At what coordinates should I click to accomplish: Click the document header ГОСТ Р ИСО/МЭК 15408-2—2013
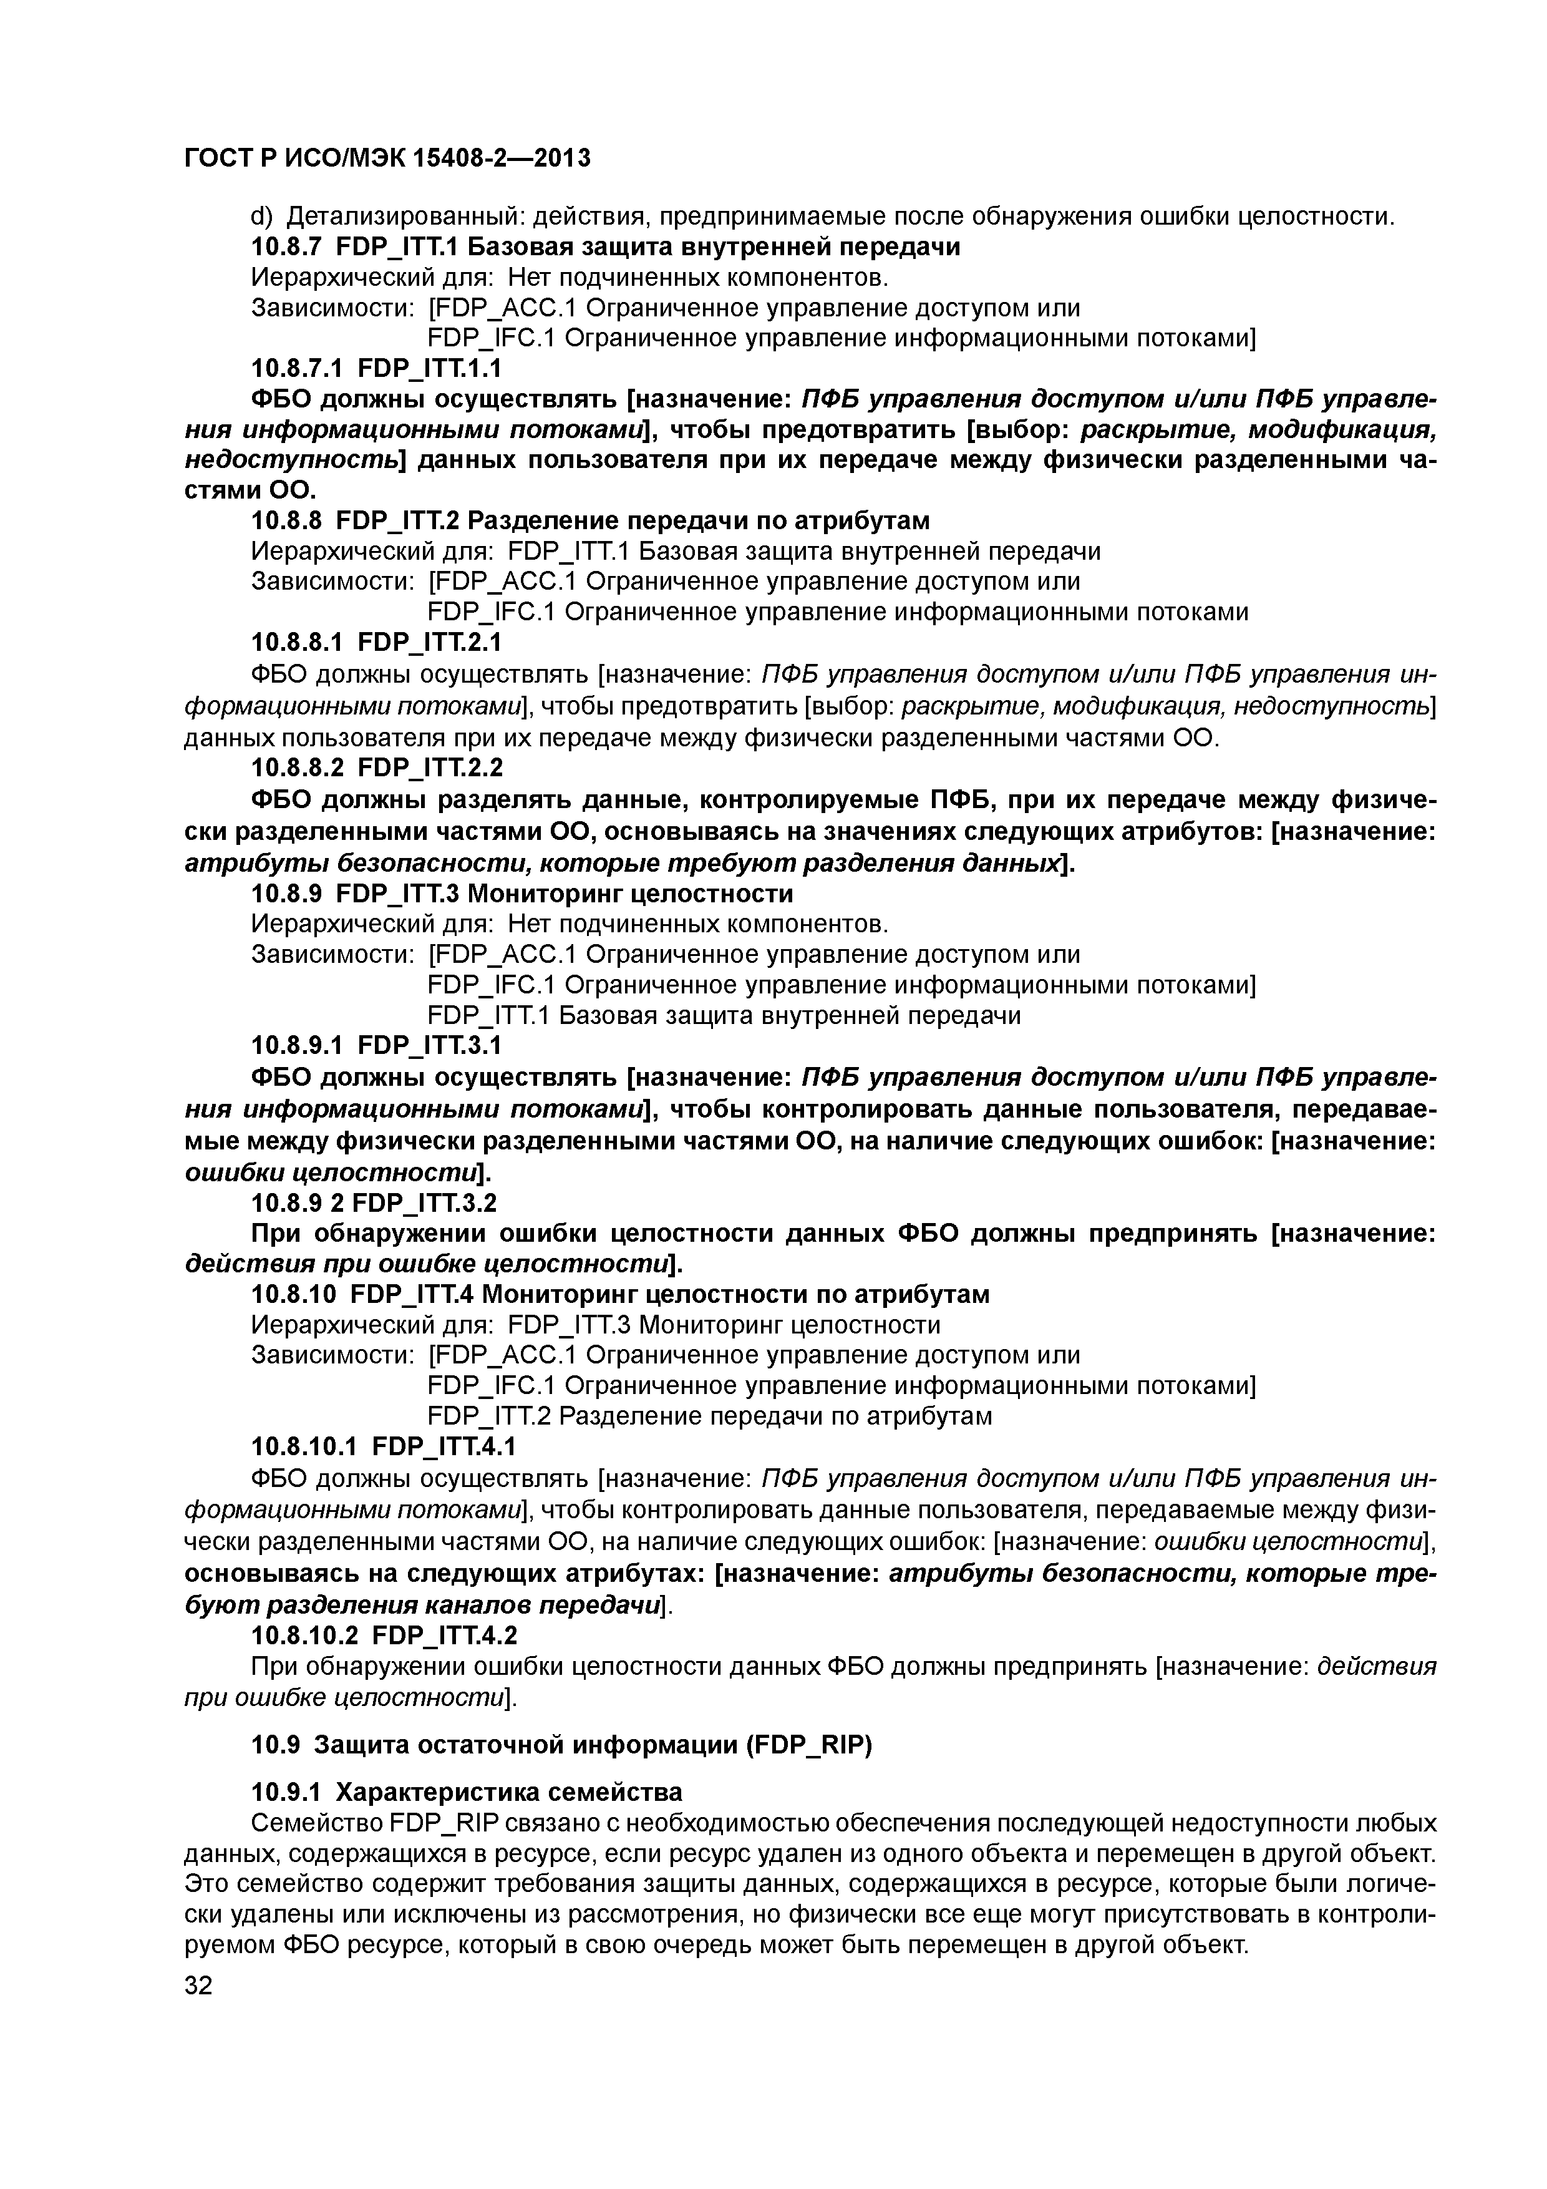pos(387,158)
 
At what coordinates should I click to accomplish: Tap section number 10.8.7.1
pos(296,368)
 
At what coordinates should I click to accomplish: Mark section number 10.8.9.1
pos(296,1046)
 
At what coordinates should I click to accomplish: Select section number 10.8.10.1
pos(304,1446)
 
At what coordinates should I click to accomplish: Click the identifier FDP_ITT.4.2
pos(444,1636)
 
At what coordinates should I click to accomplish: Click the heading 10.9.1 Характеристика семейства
pos(466,1792)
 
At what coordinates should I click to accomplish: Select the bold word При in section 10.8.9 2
pos(271,1234)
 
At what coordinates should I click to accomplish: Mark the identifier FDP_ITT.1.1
pos(430,368)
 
